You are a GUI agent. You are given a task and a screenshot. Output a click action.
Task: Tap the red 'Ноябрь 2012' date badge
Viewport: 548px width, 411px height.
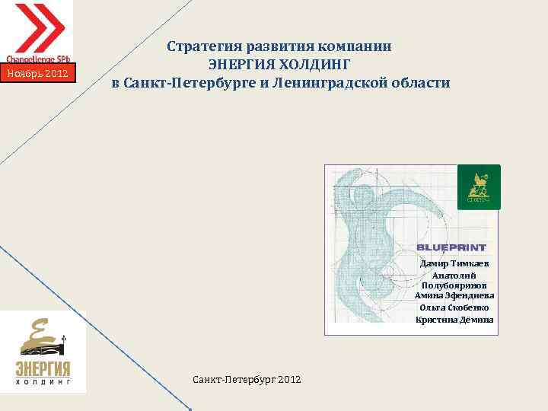point(38,74)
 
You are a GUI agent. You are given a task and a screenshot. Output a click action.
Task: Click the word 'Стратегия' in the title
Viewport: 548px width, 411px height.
point(203,46)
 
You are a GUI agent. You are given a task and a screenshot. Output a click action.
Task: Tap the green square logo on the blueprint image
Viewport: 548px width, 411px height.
point(478,186)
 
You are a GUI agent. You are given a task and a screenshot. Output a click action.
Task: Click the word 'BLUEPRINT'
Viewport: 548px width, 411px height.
point(451,247)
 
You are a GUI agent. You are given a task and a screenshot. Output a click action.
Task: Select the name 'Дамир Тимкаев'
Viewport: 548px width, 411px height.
point(454,263)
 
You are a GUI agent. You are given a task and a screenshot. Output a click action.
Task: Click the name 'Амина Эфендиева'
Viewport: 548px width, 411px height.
point(454,295)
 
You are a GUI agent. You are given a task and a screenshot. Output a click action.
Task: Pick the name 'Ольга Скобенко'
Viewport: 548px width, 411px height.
point(454,307)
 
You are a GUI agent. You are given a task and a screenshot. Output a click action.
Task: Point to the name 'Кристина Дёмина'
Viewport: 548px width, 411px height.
point(454,320)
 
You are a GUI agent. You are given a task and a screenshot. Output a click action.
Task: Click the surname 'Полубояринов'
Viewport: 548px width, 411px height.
point(454,285)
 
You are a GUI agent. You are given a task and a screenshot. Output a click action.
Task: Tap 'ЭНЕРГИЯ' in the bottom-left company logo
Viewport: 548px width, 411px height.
point(43,369)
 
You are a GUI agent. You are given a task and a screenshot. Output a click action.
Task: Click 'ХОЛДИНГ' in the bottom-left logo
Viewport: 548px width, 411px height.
point(43,384)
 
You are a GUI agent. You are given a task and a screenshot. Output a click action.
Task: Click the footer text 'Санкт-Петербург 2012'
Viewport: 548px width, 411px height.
point(247,378)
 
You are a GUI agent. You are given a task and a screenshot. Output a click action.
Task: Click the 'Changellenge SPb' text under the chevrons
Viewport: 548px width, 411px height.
point(39,59)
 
